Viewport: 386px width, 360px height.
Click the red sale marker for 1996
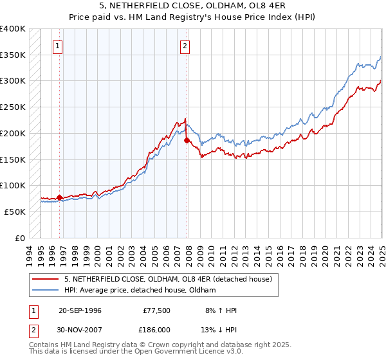pos(60,198)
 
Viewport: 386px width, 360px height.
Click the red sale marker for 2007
pos(187,140)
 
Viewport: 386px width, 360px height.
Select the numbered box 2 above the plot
pos(185,46)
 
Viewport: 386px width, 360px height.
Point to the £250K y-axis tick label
pos(13,107)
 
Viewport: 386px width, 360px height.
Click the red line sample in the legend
pos(46,280)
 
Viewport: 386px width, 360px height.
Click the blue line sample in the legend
pos(46,291)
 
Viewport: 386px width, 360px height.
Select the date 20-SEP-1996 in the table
pos(80,310)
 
